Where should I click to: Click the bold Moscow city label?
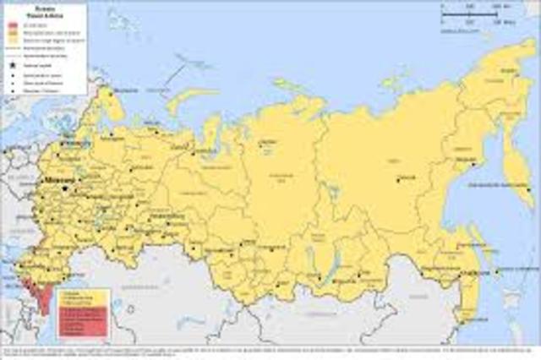57,181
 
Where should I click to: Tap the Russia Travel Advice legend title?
43,9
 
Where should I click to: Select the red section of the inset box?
84,321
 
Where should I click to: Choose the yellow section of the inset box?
84,297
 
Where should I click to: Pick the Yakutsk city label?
406,177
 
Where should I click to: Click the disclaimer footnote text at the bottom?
270,350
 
